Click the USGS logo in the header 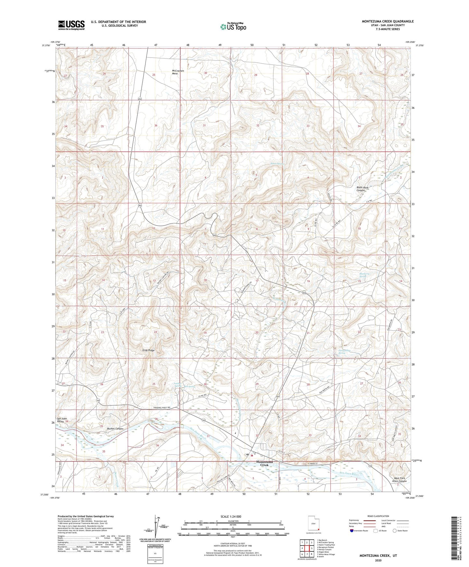click(71, 25)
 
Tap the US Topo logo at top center click(233, 27)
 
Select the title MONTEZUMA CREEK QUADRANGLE click(388, 21)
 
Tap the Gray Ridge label click(148, 350)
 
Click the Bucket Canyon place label click(115, 429)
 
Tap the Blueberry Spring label click(364, 275)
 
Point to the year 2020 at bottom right click(378, 560)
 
